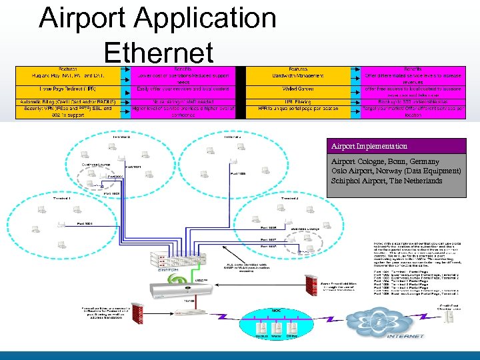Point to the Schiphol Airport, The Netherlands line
(x=387, y=181)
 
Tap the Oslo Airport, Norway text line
(x=387, y=171)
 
